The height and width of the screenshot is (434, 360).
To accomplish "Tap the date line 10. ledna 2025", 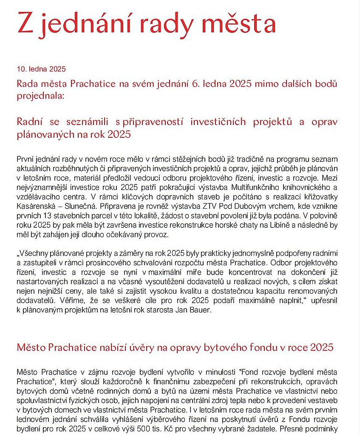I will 41,69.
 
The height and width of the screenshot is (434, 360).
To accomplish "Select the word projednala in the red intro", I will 40,95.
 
